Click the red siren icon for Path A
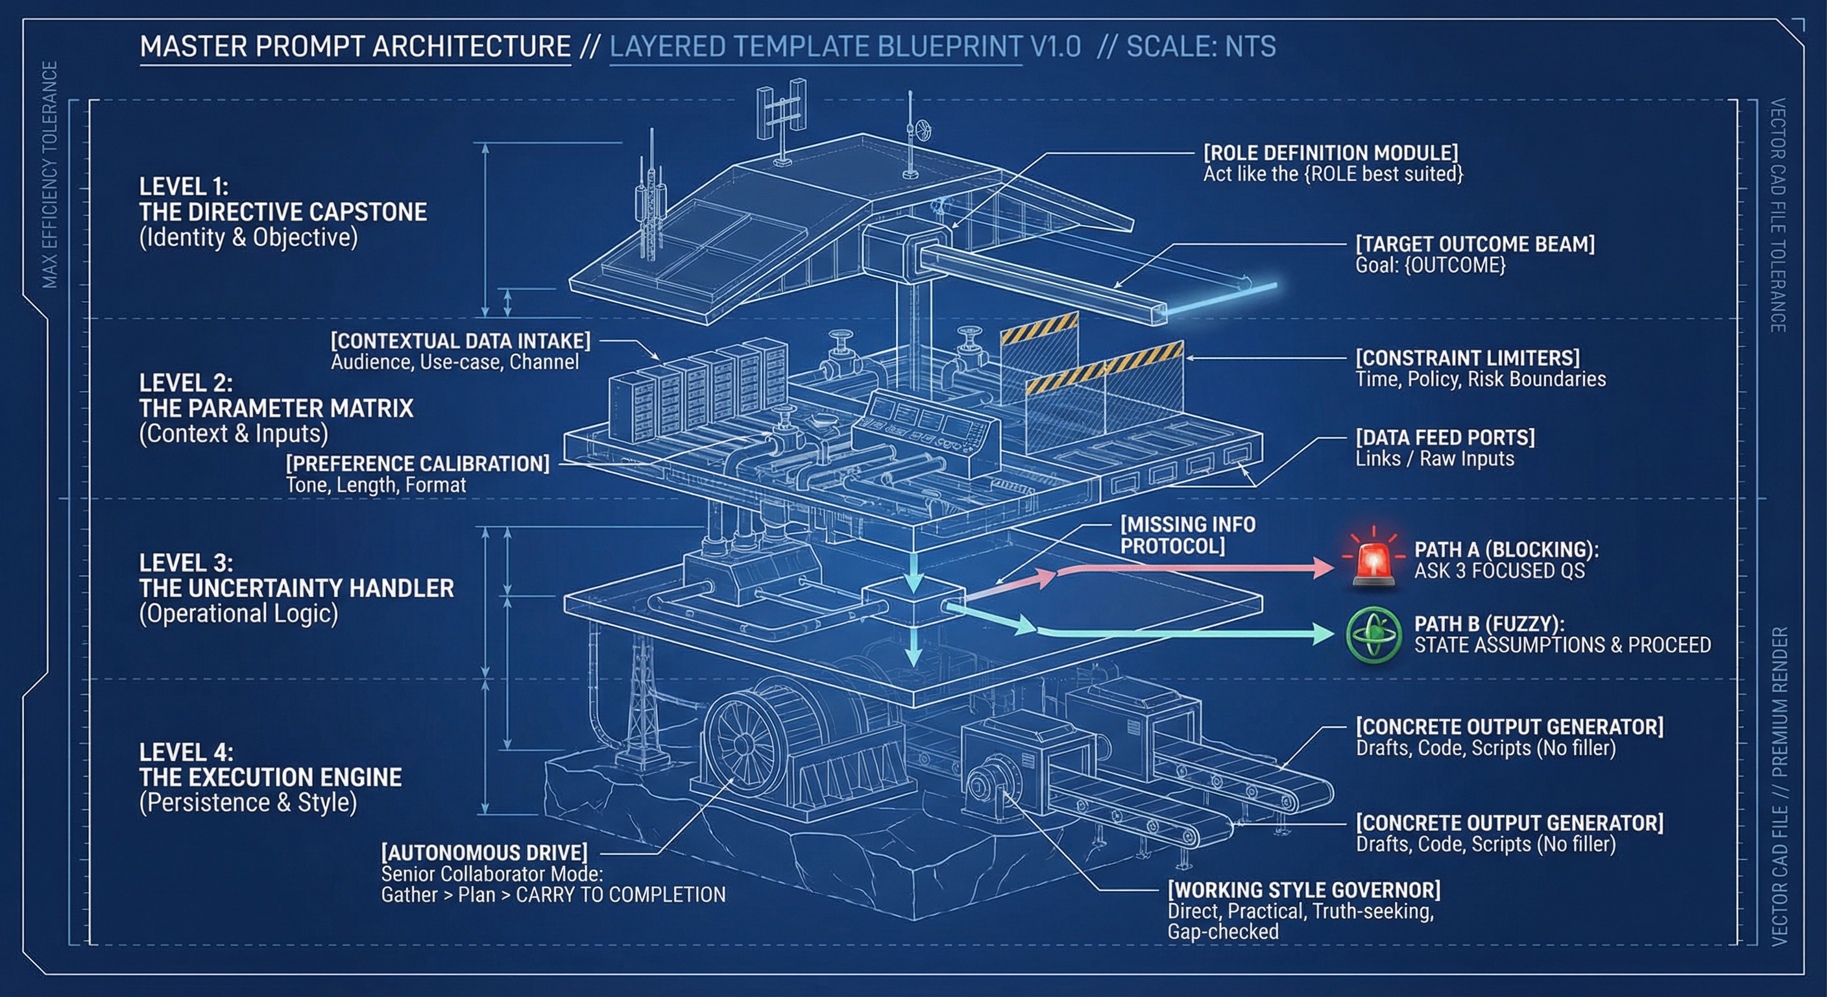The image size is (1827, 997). (x=1373, y=561)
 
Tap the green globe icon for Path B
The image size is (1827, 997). (x=1373, y=634)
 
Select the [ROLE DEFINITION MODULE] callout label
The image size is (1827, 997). (x=1331, y=153)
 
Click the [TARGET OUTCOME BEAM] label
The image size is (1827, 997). (x=1475, y=244)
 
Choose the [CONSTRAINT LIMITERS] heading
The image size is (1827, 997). (x=1468, y=358)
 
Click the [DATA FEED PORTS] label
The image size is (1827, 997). (x=1445, y=437)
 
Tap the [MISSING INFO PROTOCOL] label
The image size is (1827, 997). (x=1187, y=535)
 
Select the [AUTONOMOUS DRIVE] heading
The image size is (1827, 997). (x=484, y=852)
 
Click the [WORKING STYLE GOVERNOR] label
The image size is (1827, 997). (x=1303, y=890)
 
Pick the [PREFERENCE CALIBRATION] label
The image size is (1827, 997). (x=418, y=463)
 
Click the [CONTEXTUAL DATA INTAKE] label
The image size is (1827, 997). (x=460, y=341)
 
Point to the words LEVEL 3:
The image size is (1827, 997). (x=186, y=563)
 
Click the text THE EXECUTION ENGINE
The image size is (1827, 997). (x=270, y=777)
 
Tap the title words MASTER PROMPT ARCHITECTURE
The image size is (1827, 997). (x=355, y=47)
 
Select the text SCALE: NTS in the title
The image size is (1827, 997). (x=1201, y=47)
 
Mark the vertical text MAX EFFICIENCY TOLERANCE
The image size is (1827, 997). (x=50, y=175)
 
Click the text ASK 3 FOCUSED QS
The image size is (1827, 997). (x=1499, y=571)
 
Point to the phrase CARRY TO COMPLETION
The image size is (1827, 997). (x=621, y=895)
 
